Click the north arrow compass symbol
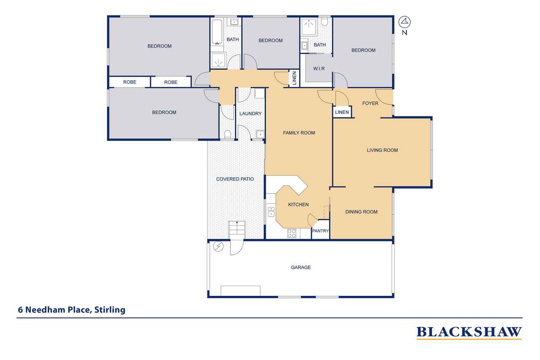(404, 22)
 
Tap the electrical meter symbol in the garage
(219, 246)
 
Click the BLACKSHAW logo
(469, 333)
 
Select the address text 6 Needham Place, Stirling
(72, 310)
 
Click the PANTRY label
(320, 231)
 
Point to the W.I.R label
(319, 69)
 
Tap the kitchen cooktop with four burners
(292, 233)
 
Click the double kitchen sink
(271, 211)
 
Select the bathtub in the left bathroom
(217, 32)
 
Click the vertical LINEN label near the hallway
(294, 78)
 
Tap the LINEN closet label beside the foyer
(342, 112)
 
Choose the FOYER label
(370, 103)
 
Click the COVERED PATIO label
(235, 179)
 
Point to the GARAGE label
(301, 267)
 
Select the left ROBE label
(130, 82)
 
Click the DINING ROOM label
(362, 212)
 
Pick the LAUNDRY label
(251, 114)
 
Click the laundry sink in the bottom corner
(260, 134)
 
